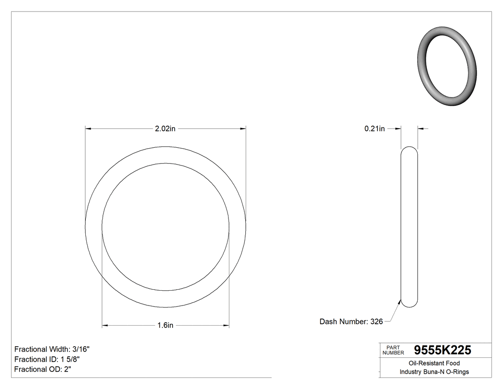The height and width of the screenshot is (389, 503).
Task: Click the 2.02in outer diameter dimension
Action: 165,129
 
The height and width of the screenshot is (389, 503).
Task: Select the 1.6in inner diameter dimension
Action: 165,325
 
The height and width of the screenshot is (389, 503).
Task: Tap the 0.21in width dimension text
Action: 374,129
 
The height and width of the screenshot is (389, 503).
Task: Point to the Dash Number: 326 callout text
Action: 351,322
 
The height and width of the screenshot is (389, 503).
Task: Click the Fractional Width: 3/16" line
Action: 52,349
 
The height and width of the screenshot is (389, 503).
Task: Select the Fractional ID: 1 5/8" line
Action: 47,359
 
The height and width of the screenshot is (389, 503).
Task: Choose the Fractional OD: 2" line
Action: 43,369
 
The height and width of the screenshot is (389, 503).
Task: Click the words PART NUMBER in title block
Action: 393,350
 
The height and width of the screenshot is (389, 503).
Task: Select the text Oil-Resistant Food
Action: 434,363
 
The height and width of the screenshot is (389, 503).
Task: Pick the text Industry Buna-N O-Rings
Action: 434,372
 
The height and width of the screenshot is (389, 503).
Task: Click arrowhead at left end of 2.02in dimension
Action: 88,129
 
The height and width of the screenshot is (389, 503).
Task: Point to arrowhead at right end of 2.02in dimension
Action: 243,129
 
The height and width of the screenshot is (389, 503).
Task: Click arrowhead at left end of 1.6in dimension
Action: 105,325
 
